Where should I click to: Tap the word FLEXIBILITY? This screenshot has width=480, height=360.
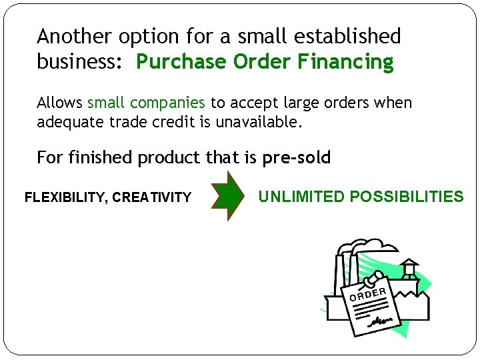tap(65, 197)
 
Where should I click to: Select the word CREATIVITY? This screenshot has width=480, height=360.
tap(152, 197)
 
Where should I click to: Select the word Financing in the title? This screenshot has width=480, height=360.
tap(346, 62)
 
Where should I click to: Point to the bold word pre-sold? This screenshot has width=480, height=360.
tap(296, 157)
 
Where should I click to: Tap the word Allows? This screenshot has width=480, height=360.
tap(60, 103)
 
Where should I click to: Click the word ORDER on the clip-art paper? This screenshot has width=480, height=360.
tap(367, 293)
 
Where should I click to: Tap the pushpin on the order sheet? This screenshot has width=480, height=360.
tap(378, 275)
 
